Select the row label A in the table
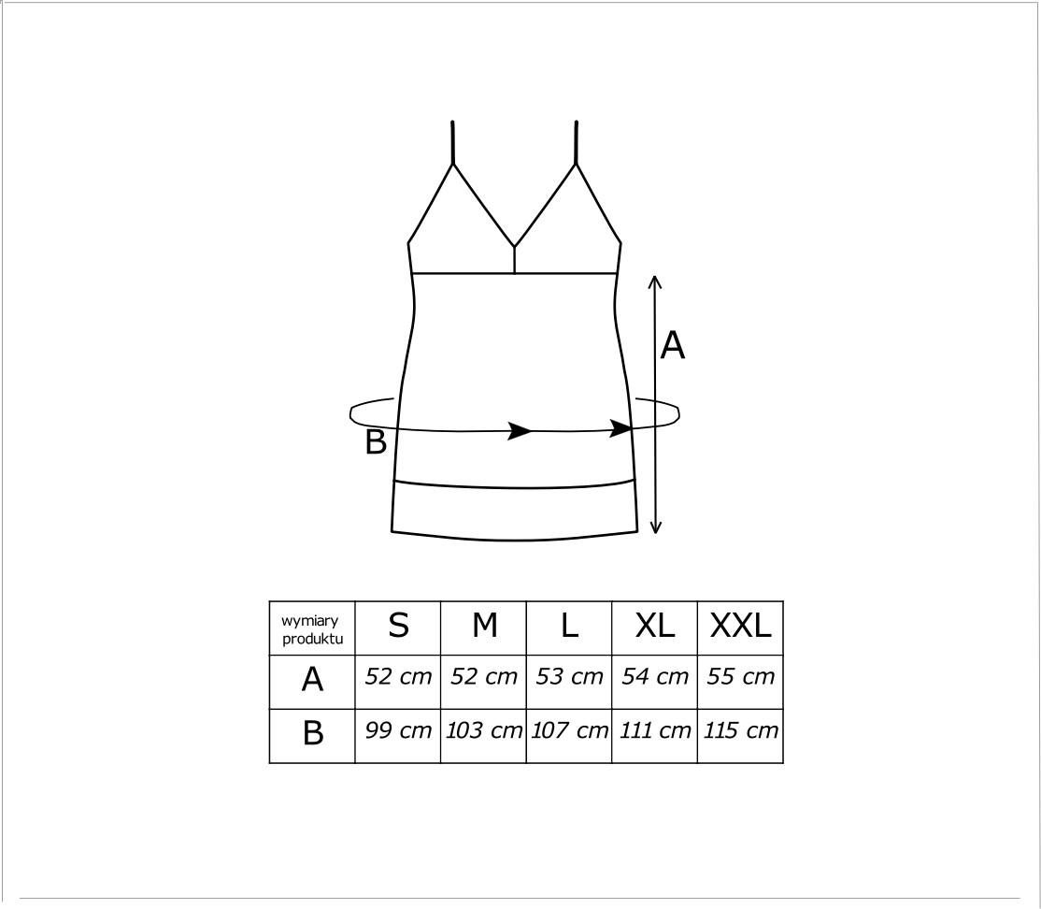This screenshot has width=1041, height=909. pos(312,679)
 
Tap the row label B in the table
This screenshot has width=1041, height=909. pos(313,733)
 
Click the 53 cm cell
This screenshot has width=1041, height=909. pos(569,676)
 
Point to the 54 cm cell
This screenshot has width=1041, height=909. pos(655,676)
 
